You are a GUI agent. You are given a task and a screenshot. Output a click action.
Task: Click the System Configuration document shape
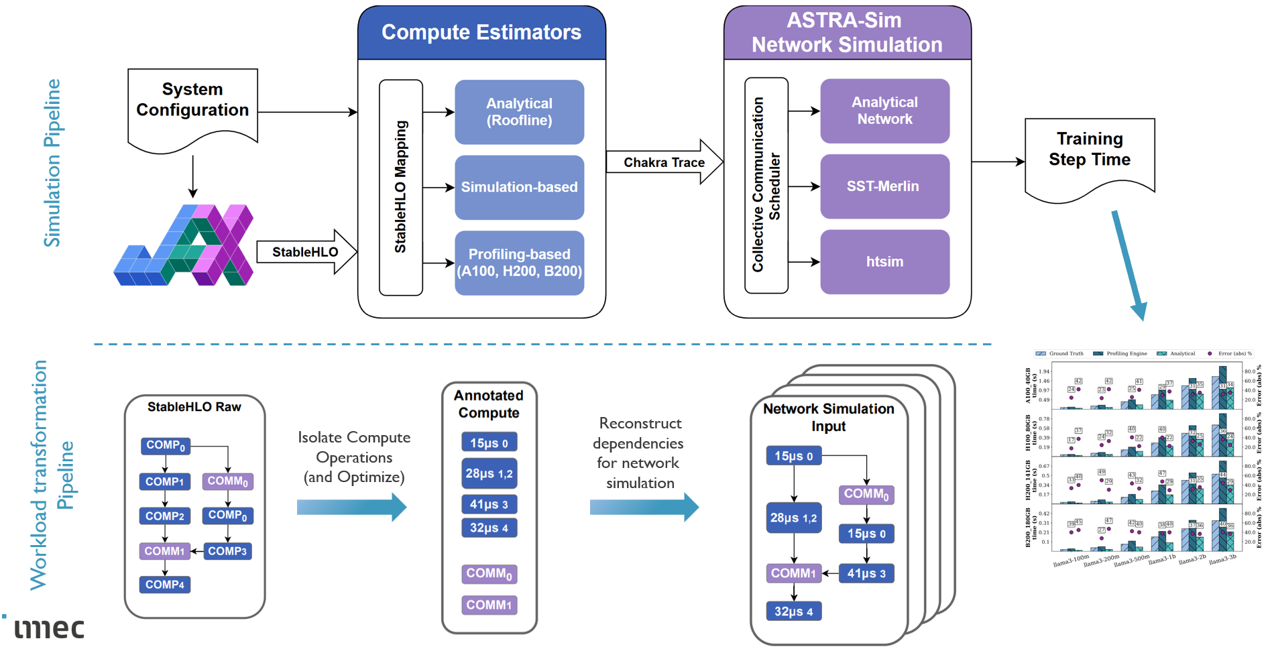[192, 104]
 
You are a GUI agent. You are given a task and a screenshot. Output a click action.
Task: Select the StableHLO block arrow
[306, 252]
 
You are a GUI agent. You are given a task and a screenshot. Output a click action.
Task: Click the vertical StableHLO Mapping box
[401, 187]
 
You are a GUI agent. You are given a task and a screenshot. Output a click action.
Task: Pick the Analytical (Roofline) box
[519, 112]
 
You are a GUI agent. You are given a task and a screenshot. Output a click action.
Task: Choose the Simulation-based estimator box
[519, 187]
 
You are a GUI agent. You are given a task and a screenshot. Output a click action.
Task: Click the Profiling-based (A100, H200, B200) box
[519, 263]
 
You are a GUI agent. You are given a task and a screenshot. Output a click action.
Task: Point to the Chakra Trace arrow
[664, 162]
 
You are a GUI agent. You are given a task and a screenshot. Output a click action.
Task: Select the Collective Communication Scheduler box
[766, 185]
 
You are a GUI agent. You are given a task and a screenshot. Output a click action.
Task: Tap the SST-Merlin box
[884, 186]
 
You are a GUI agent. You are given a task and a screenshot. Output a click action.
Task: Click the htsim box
[884, 262]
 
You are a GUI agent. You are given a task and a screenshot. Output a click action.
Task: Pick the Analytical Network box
[884, 111]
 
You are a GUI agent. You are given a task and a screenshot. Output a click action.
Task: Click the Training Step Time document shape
[1090, 154]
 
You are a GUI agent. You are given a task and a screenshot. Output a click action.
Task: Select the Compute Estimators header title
[481, 32]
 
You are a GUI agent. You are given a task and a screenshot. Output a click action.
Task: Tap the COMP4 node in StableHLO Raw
[165, 585]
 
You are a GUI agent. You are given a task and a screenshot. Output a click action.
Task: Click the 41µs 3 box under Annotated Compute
[489, 504]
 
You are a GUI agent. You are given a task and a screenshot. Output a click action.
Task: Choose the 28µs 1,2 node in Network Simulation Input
[794, 518]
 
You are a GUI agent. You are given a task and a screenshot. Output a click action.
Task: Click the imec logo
[48, 628]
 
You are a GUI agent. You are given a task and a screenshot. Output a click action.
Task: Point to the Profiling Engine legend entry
[1120, 353]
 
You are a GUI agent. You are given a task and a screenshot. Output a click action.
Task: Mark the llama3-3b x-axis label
[1223, 560]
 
